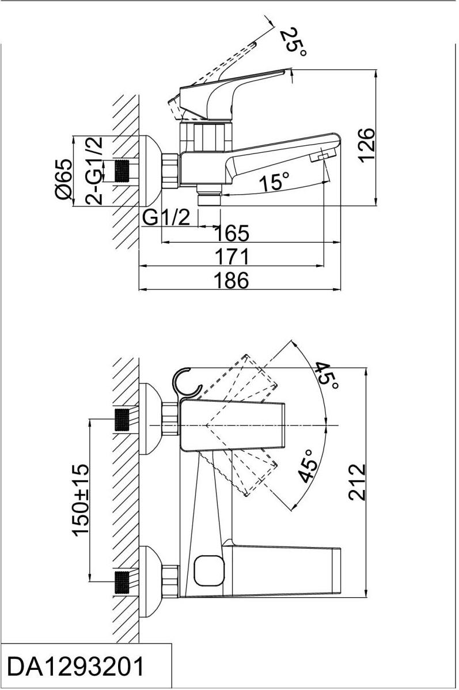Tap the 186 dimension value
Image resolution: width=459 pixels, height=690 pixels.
[231, 281]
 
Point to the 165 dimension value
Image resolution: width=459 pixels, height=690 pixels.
[231, 233]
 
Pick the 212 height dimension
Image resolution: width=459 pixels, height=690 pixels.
[358, 482]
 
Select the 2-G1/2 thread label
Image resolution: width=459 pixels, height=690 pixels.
[94, 171]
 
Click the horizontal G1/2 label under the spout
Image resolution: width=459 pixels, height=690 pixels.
[166, 217]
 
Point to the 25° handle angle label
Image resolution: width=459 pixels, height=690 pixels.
[294, 41]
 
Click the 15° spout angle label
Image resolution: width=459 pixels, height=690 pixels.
[273, 182]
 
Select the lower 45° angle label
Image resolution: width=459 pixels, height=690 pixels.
[308, 466]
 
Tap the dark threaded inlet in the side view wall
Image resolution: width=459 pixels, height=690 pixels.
[122, 171]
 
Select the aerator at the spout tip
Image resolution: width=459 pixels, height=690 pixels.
[323, 156]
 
